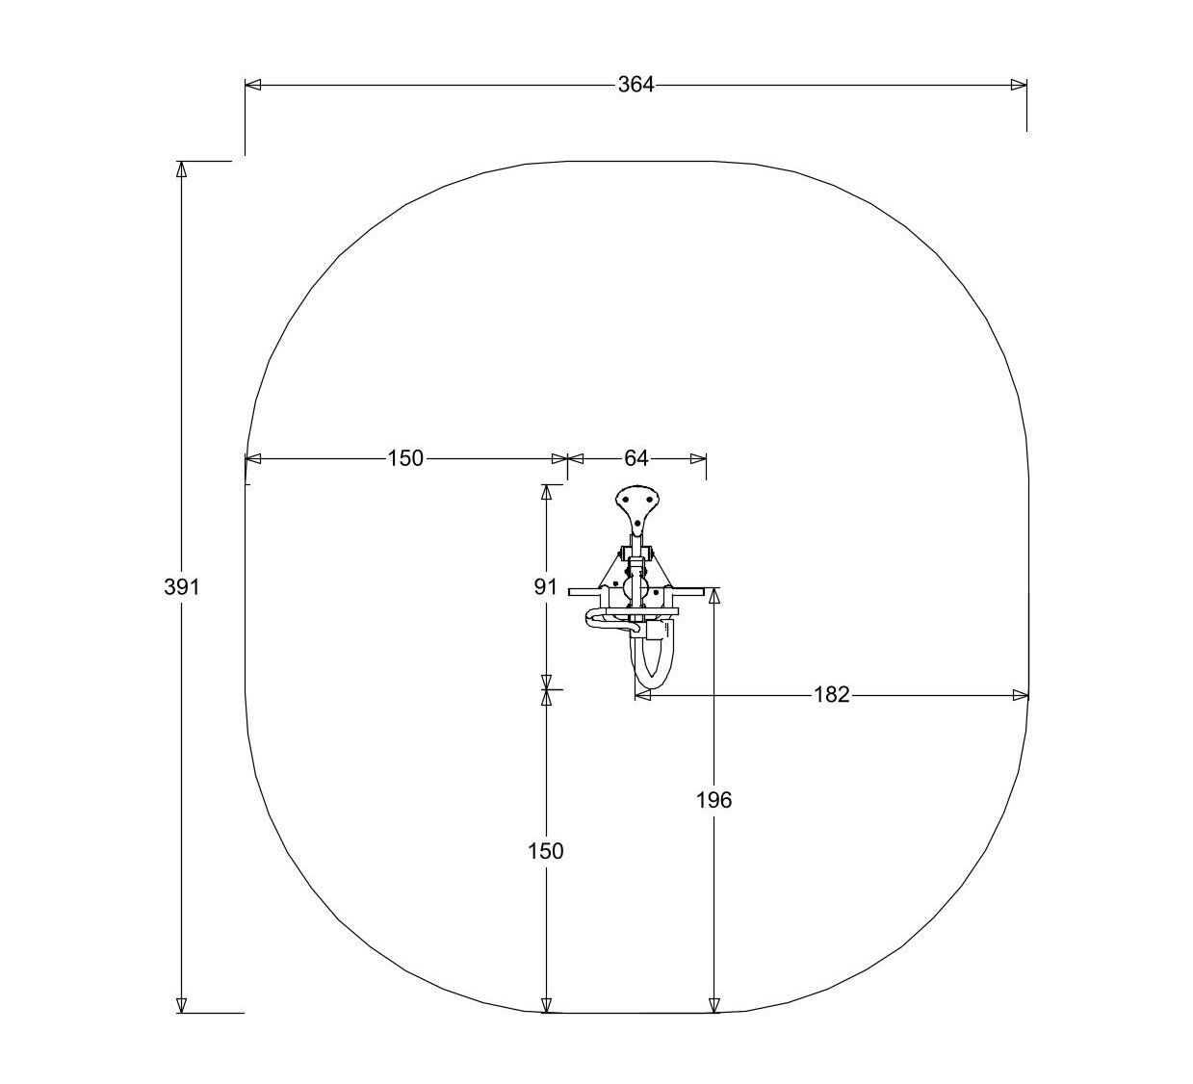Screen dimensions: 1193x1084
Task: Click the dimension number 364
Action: (x=635, y=85)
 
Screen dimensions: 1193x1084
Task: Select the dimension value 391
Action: (x=181, y=587)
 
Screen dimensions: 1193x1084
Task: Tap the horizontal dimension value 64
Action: (x=635, y=458)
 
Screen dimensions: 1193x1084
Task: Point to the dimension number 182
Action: (x=831, y=694)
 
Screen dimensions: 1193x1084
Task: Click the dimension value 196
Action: (x=713, y=800)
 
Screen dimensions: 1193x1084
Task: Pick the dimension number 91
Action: (x=545, y=587)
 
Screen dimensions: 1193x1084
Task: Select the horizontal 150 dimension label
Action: (x=405, y=458)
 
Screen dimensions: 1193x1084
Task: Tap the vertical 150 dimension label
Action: (x=545, y=851)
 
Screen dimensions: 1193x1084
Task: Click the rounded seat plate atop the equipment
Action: (x=637, y=509)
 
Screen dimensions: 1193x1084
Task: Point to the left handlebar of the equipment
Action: (x=585, y=592)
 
